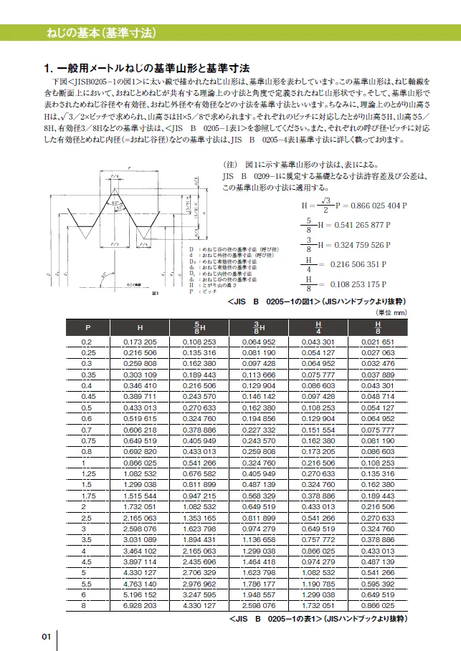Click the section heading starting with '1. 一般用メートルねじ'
point(147,69)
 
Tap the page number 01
point(45,637)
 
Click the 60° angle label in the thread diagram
point(113,203)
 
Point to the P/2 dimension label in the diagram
point(113,243)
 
